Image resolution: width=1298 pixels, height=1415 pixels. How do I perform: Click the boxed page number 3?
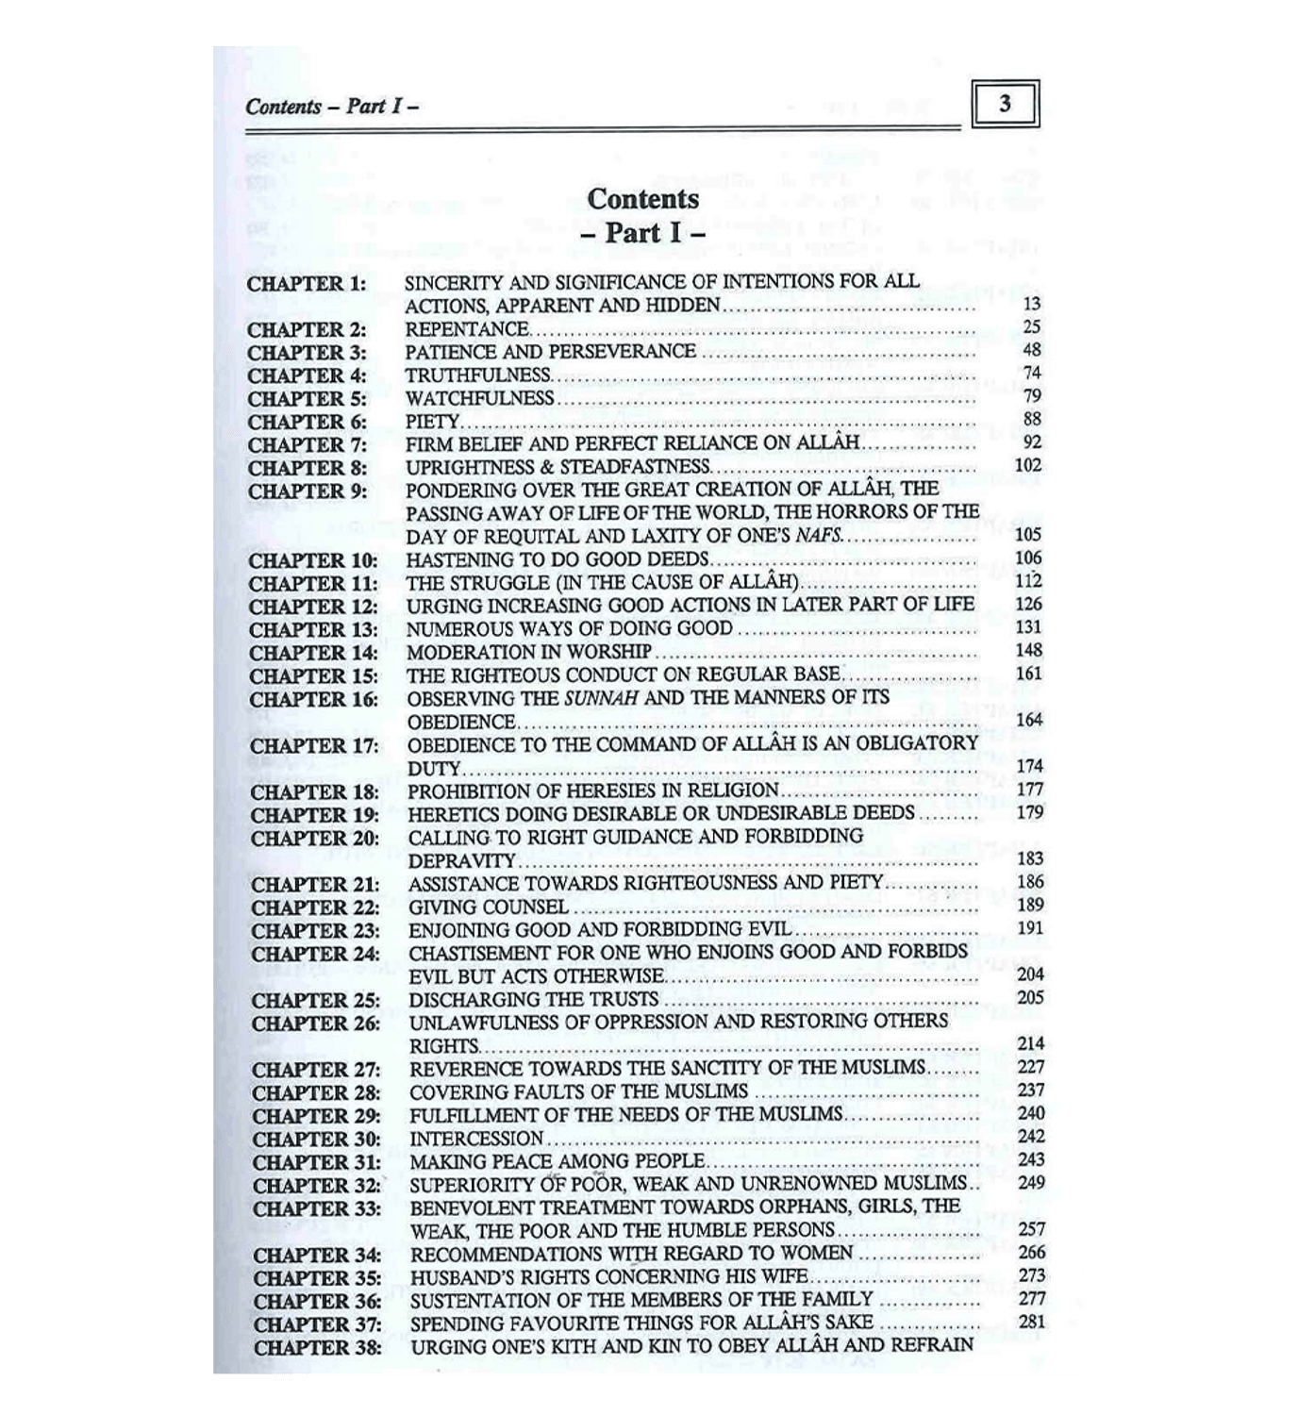[1005, 104]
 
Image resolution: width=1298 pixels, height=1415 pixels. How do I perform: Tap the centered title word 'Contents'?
[643, 199]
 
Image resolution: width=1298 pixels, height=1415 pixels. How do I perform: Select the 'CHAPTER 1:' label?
[308, 283]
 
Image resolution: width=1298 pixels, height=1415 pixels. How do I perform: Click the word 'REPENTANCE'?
[467, 329]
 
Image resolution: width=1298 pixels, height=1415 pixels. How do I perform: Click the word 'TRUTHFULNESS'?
[477, 375]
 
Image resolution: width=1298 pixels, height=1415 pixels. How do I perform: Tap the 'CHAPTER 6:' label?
[308, 422]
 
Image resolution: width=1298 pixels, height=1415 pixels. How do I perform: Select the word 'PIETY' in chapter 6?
[432, 422]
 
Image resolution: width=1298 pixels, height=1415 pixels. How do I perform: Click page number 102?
[1028, 465]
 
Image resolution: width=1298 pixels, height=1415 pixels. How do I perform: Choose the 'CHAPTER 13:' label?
[313, 629]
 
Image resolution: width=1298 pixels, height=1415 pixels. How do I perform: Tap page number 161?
[1029, 674]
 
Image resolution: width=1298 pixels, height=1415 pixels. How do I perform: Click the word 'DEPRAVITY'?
[462, 860]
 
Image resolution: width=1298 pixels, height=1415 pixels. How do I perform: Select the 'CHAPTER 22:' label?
[315, 907]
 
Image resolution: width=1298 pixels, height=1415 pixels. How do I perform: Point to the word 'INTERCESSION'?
[476, 1139]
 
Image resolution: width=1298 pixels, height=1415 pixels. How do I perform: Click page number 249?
[1031, 1183]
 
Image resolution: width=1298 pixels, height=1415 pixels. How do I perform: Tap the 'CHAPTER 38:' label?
[317, 1347]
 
